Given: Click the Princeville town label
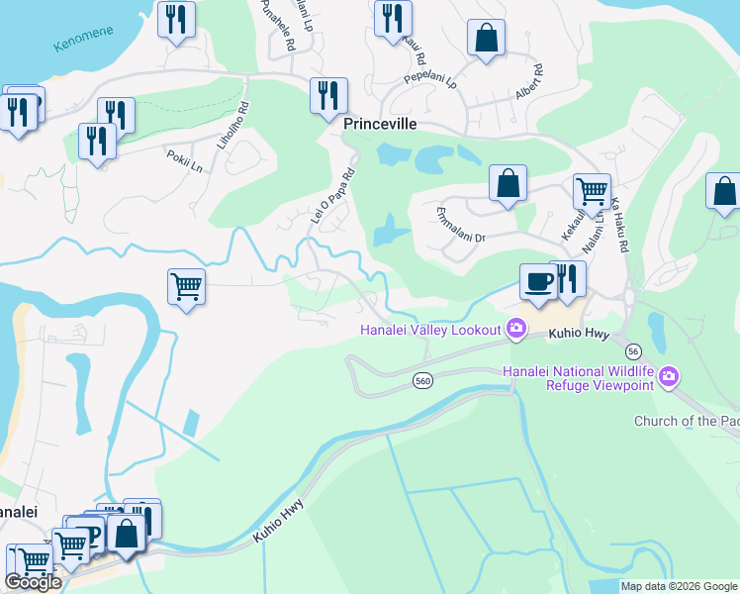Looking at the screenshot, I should [x=380, y=125].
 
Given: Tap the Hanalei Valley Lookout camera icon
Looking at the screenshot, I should [x=515, y=329].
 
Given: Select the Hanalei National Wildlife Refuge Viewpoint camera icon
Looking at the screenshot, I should [x=670, y=375].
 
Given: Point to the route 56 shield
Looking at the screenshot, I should [x=634, y=351].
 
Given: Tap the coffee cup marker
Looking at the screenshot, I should [x=539, y=282].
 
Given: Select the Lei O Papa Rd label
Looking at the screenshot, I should [x=332, y=193].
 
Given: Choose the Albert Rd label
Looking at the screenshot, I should [x=527, y=83].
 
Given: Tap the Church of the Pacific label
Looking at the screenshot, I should [x=687, y=421].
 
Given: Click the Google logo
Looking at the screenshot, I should [x=33, y=582].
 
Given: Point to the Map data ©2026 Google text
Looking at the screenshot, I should [x=679, y=586].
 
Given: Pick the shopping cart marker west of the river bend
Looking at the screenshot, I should [x=186, y=287].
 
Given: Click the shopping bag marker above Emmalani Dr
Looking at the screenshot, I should [x=508, y=183].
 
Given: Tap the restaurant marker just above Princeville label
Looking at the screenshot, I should [x=328, y=96].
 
